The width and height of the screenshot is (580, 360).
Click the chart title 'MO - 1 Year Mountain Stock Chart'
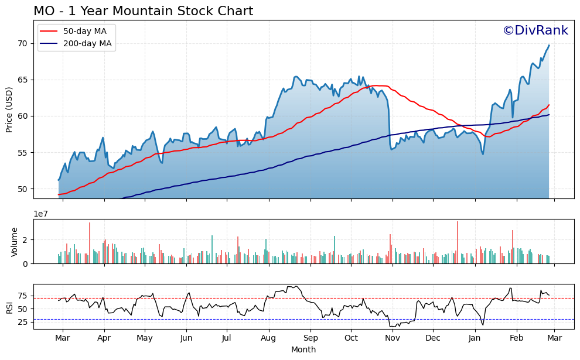[x=143, y=11]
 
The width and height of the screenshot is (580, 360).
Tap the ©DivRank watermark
[x=535, y=31]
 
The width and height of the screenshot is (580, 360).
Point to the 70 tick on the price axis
[x=23, y=43]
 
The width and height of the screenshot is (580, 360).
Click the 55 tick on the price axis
[x=23, y=153]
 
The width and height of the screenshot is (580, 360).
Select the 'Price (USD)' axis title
[x=9, y=109]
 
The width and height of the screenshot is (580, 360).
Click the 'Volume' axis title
[x=15, y=242]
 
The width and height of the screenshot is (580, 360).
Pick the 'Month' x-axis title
[x=303, y=349]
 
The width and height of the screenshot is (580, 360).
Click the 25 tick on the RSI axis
[x=23, y=322]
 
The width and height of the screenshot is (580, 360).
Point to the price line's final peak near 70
[x=548, y=46]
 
